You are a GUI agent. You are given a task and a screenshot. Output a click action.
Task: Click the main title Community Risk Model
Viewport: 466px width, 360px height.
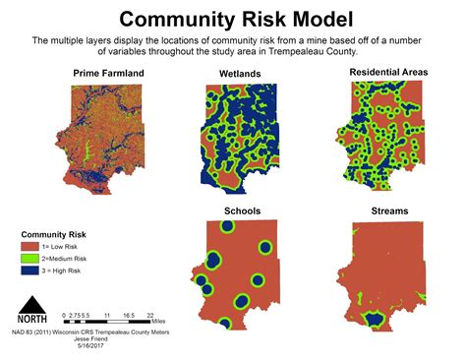233,19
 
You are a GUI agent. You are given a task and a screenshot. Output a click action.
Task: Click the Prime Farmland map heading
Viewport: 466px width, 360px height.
107,74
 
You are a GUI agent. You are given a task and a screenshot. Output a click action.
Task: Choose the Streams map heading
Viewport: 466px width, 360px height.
390,210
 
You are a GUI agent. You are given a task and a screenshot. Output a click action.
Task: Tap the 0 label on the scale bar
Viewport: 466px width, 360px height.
59,316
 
